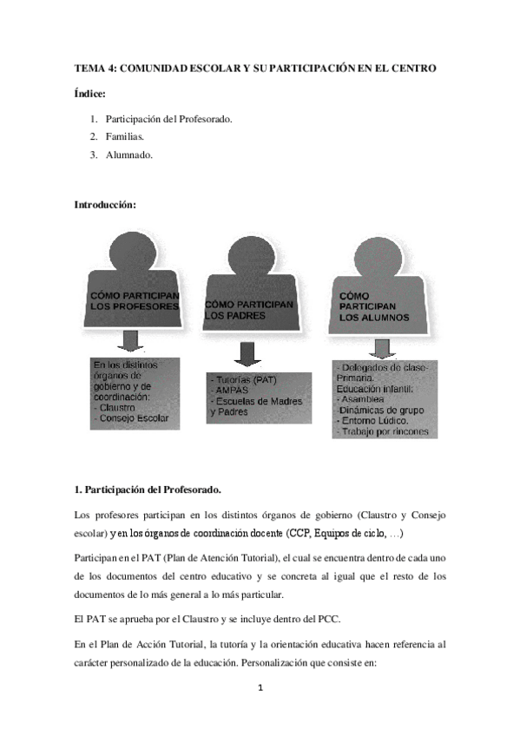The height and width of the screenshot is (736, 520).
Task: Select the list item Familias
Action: pos(126,136)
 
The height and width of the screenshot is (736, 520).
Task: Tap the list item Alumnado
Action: pos(129,155)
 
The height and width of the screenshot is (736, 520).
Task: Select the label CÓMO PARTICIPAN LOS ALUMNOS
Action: pos(367,306)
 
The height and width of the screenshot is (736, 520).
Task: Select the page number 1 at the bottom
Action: pos(260,689)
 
